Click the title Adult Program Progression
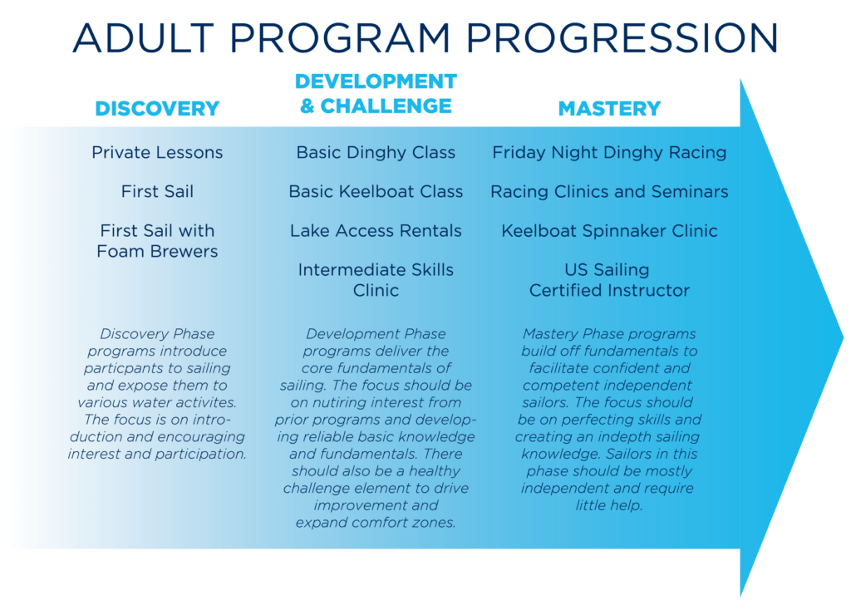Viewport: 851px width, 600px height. pyautogui.click(x=425, y=38)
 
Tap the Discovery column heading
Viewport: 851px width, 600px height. pyautogui.click(x=157, y=109)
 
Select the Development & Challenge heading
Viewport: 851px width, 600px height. pyautogui.click(x=376, y=93)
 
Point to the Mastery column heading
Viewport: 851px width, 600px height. pyautogui.click(x=609, y=109)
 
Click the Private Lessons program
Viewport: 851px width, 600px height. pyautogui.click(x=157, y=152)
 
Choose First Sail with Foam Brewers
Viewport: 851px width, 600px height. pyautogui.click(x=157, y=241)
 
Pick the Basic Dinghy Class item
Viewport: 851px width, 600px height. pyautogui.click(x=376, y=153)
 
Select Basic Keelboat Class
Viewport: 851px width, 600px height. pyautogui.click(x=376, y=191)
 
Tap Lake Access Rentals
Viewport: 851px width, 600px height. pyautogui.click(x=376, y=230)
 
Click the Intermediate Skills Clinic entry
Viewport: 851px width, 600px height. pyautogui.click(x=376, y=280)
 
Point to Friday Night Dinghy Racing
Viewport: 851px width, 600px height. pyautogui.click(x=609, y=153)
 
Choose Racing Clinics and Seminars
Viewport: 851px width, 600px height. pyautogui.click(x=609, y=192)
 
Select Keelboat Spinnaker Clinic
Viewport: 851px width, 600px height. pyautogui.click(x=609, y=231)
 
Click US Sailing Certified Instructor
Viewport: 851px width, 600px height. pyautogui.click(x=609, y=280)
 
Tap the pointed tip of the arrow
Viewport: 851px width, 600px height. pyautogui.click(x=843, y=338)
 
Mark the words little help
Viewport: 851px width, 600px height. pyautogui.click(x=609, y=505)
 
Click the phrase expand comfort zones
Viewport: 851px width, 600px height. pyautogui.click(x=376, y=523)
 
